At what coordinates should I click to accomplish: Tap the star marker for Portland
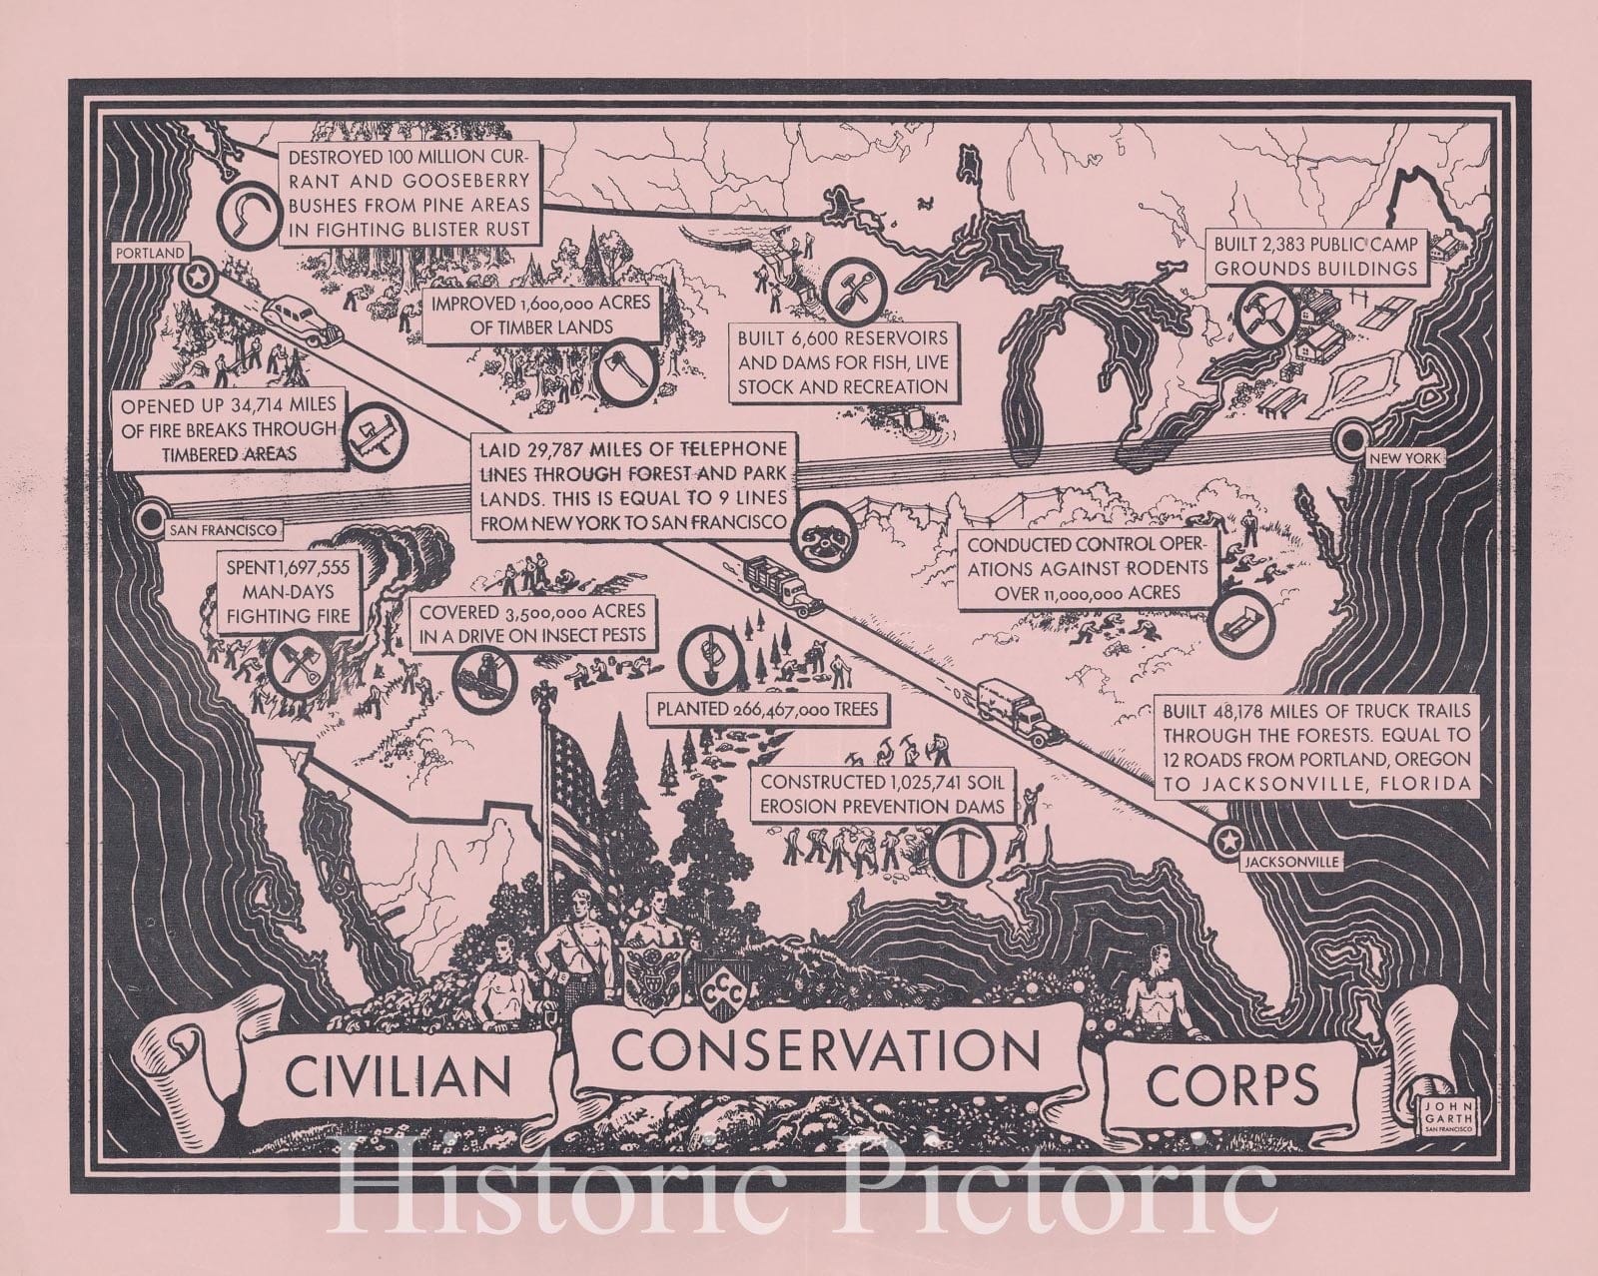(198, 274)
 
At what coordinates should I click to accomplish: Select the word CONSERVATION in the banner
(827, 1048)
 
